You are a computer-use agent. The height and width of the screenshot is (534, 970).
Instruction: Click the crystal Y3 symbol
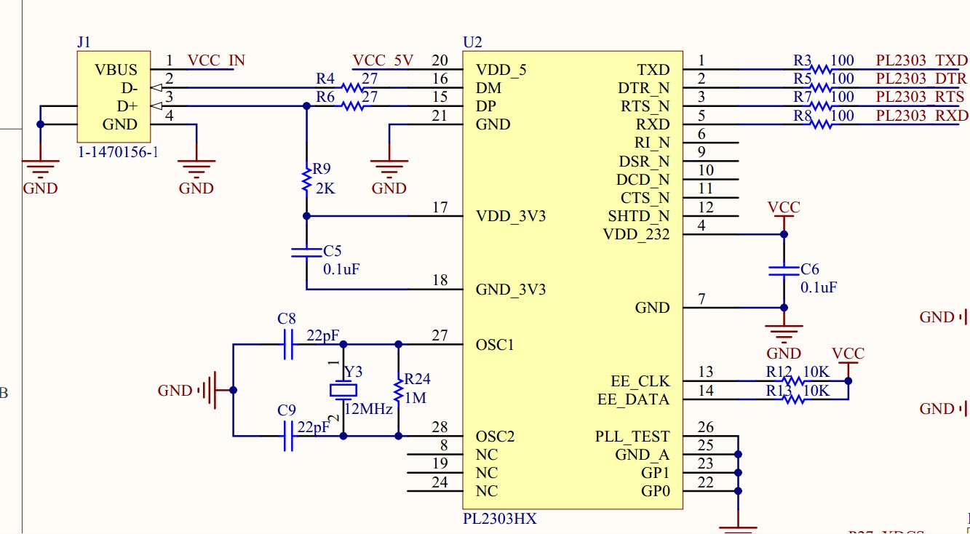coord(343,391)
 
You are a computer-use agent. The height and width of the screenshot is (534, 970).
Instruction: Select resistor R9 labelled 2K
coord(306,179)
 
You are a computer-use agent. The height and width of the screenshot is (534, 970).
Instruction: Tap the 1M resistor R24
coord(398,391)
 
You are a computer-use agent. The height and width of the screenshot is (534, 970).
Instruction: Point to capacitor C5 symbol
coord(306,252)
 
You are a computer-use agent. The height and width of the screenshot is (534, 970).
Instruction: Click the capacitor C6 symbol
coord(784,271)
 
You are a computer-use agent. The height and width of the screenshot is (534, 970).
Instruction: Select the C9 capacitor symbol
coord(287,436)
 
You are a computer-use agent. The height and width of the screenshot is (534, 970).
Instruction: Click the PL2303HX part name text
coord(500,519)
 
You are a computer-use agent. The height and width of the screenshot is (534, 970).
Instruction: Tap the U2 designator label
coord(472,42)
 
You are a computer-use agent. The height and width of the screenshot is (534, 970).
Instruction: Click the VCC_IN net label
coord(216,60)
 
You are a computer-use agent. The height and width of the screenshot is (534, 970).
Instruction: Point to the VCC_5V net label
coord(383,60)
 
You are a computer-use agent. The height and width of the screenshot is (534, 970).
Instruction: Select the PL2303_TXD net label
coord(922,60)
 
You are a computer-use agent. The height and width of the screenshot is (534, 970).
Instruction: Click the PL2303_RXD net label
coord(922,116)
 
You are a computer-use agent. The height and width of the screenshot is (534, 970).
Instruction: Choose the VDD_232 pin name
coord(636,234)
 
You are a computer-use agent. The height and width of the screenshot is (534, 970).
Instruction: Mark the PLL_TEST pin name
coord(632,437)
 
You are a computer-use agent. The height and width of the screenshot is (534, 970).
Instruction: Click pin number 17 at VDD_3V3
coord(440,208)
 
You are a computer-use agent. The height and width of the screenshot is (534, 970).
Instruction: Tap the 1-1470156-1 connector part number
coord(118,153)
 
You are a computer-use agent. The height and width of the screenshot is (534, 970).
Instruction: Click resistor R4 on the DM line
coord(352,88)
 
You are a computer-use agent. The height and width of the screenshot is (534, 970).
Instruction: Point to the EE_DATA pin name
coord(632,399)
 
